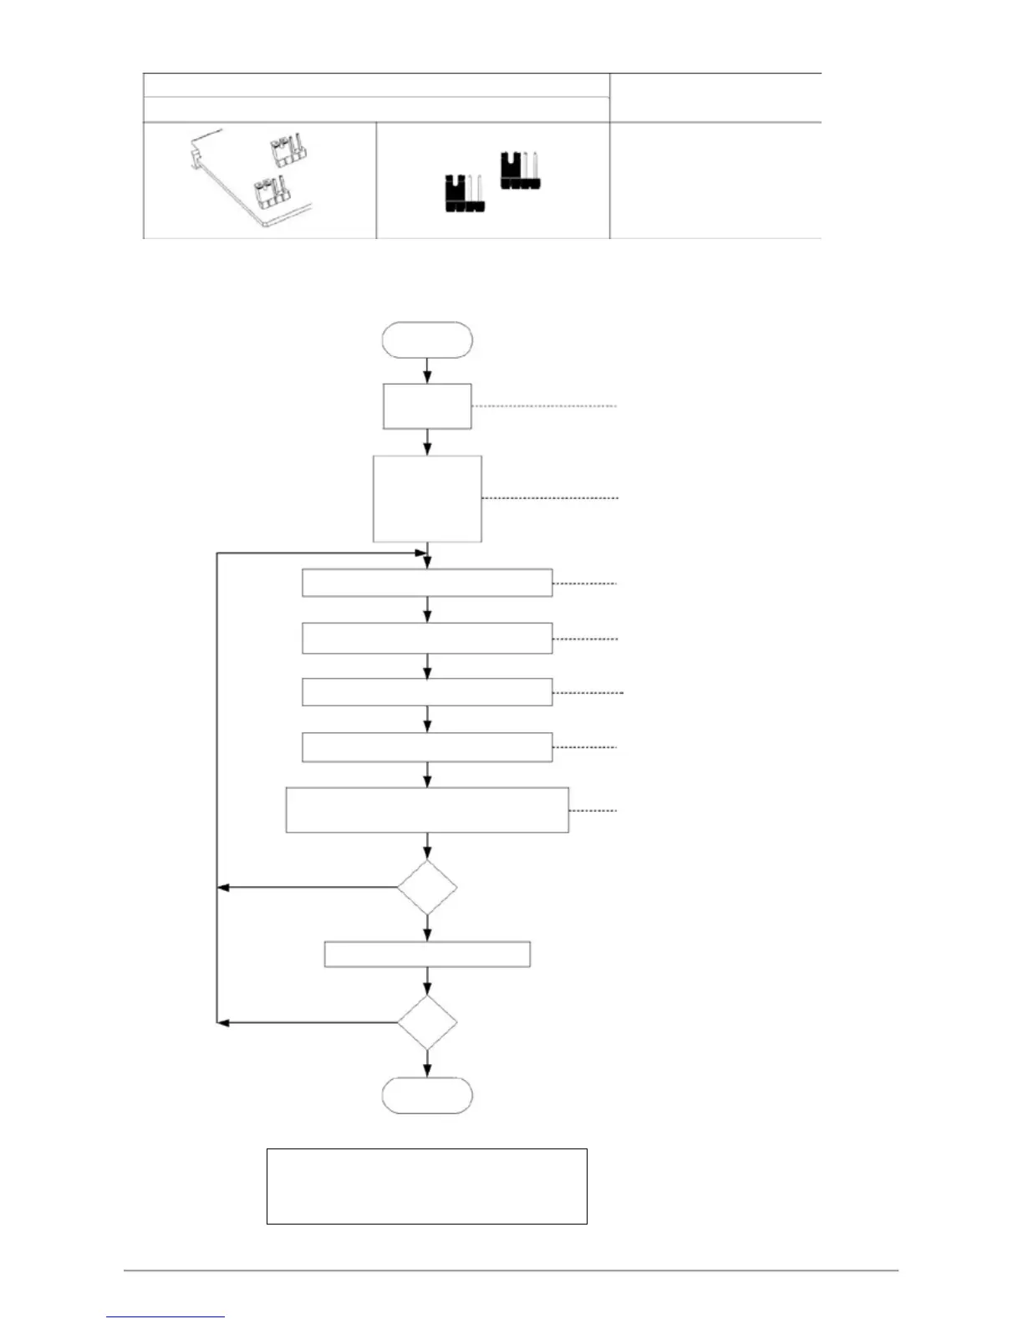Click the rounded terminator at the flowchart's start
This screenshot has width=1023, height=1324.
(x=427, y=340)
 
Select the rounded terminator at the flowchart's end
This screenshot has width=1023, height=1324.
(x=427, y=1095)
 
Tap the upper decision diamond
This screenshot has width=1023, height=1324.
(x=427, y=887)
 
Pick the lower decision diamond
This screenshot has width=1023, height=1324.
(x=427, y=1021)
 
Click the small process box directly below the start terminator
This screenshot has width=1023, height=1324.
(x=427, y=406)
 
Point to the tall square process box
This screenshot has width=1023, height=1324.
(x=427, y=498)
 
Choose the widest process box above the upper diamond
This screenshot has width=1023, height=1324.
(x=427, y=809)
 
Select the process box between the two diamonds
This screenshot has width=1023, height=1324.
(x=427, y=954)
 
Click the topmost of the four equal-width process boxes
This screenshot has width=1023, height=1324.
(x=427, y=583)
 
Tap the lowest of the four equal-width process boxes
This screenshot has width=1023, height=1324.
(x=427, y=747)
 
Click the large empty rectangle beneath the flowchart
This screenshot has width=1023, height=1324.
(x=427, y=1186)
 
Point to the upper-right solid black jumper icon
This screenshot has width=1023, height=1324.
(x=519, y=170)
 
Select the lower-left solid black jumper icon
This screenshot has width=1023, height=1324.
(x=463, y=193)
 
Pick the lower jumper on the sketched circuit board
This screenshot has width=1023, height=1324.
(x=271, y=193)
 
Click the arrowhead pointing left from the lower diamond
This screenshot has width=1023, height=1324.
(x=222, y=1021)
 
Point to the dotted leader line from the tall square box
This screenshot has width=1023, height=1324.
(x=550, y=498)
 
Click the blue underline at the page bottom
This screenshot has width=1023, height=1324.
(x=165, y=1317)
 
